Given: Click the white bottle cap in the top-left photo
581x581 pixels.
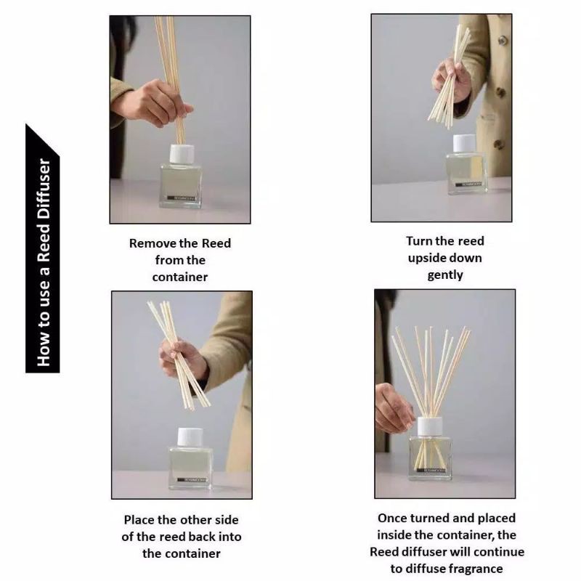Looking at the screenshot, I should pyautogui.click(x=182, y=154).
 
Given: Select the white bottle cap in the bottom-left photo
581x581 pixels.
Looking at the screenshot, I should pyautogui.click(x=190, y=437).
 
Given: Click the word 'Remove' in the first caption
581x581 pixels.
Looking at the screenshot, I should pyautogui.click(x=150, y=243).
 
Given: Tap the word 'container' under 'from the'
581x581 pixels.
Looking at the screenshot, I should pyautogui.click(x=180, y=277).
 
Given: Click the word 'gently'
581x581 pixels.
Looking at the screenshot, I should pyautogui.click(x=445, y=275).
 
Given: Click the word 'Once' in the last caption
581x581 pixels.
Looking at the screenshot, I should pyautogui.click(x=394, y=518).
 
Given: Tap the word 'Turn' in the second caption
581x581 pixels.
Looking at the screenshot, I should pyautogui.click(x=420, y=240).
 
